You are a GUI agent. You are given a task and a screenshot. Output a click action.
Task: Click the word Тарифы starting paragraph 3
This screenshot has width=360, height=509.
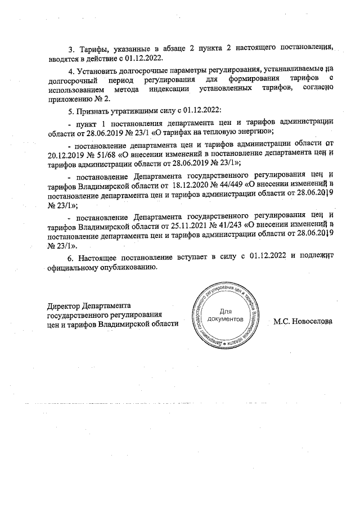(x=95, y=48)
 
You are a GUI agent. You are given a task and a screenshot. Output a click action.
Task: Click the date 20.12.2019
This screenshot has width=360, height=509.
(x=67, y=154)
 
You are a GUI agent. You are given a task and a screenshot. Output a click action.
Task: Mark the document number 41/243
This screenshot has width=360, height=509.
(x=228, y=226)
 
